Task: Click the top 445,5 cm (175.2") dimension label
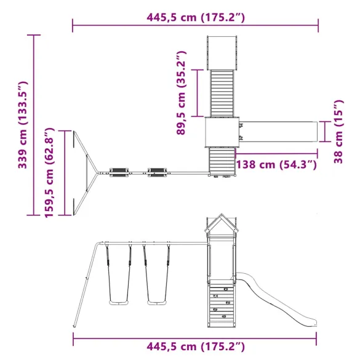pos(196,17)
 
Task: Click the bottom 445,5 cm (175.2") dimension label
pos(196,346)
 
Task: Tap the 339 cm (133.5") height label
pos(23,125)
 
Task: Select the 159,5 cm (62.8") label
pos(49,173)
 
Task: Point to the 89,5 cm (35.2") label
pos(181,93)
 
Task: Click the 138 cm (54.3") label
pos(276,165)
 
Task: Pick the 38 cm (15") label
pos(338,132)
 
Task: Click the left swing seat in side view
pos(119,303)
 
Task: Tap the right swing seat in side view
pos(157,303)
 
